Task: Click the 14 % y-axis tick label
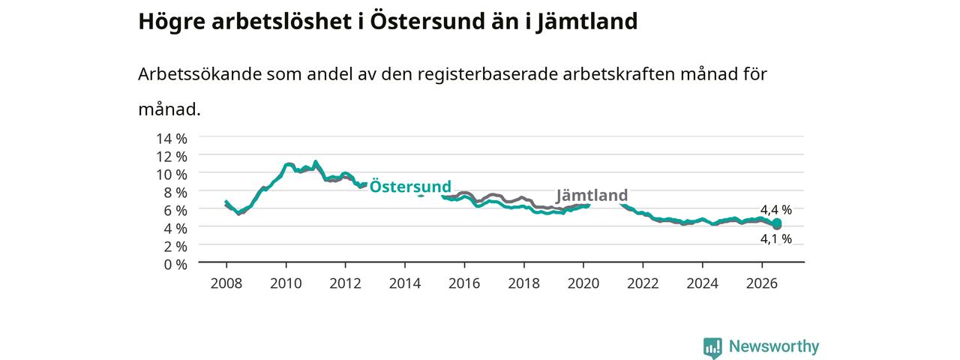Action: tap(172, 139)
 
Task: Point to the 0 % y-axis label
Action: tap(175, 265)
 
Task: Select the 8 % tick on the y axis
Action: tap(175, 193)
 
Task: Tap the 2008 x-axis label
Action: tap(226, 283)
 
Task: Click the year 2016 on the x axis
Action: tap(464, 283)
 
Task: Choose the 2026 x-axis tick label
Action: tap(762, 283)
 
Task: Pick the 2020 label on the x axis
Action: tap(583, 283)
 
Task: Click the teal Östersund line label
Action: tap(410, 187)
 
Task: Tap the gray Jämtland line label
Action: tap(592, 196)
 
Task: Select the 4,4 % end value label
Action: tap(776, 210)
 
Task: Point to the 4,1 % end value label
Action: tap(776, 238)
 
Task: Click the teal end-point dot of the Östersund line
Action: tap(776, 223)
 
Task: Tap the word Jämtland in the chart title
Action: tap(587, 22)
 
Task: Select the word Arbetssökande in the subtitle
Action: tap(199, 74)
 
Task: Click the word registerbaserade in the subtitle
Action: tap(487, 74)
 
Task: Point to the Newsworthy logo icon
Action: tap(712, 347)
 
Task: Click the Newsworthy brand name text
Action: tap(774, 346)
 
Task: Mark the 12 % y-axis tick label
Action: tap(172, 157)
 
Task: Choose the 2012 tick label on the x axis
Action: tap(346, 283)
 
